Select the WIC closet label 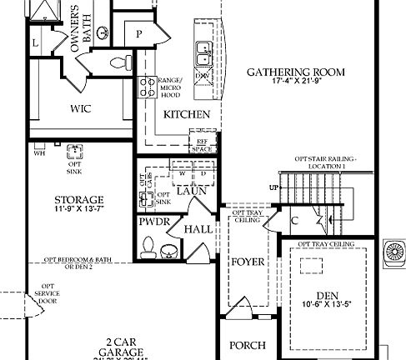coord(81,108)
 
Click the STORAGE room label coord(79,200)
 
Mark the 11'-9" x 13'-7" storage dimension coord(79,211)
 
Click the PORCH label coord(248,345)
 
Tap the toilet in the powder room coord(149,247)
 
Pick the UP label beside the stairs coord(273,187)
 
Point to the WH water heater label coord(39,152)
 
